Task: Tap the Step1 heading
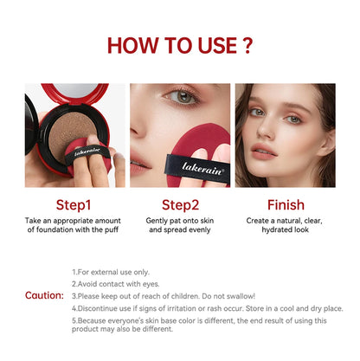(74, 205)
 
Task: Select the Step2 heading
(181, 205)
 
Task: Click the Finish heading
(285, 205)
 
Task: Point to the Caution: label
(43, 295)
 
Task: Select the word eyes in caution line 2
(143, 283)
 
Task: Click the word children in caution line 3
(197, 295)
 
